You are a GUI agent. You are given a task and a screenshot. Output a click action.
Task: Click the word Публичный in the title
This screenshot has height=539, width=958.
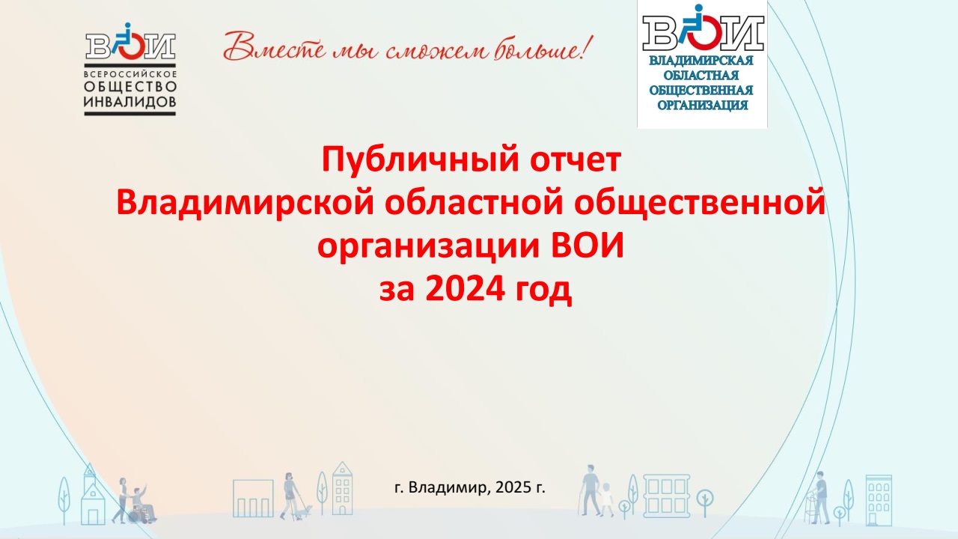pos(419,160)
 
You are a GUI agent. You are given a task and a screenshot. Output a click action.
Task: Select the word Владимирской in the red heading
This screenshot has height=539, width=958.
pos(245,204)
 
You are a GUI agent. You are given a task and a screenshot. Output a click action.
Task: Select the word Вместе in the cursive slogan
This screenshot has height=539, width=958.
pos(275,46)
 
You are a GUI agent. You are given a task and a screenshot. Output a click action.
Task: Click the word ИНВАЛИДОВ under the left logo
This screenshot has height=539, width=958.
pos(130,102)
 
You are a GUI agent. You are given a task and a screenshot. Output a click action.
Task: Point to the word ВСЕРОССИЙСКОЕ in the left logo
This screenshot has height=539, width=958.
pos(130,74)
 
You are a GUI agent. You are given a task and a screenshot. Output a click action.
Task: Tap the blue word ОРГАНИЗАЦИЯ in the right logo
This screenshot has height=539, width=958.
pos(702,106)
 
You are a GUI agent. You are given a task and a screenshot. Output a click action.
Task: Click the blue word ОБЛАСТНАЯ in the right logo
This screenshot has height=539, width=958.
pos(701,76)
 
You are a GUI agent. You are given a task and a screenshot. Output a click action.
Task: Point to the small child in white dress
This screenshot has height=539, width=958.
pos(606,499)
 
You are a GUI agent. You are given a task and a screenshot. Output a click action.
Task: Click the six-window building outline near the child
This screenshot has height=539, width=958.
pos(666,496)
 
